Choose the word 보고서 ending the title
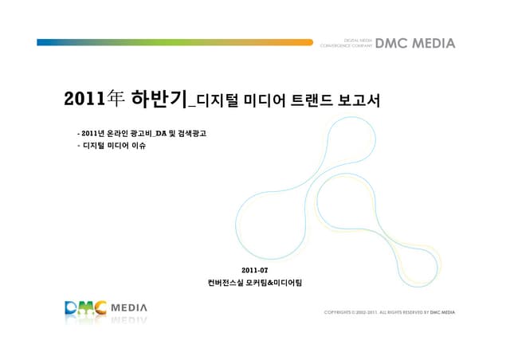pyautogui.click(x=359, y=101)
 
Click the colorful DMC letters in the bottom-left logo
pyautogui.click(x=85, y=307)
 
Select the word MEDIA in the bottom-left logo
pyautogui.click(x=128, y=306)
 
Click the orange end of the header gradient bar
pyautogui.click(x=307, y=42)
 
